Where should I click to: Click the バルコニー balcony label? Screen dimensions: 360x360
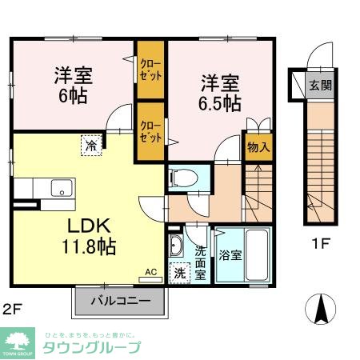pos(119,302)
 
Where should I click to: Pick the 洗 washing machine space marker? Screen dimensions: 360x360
pos(178,273)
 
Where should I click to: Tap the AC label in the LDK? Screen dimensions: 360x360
pos(150,270)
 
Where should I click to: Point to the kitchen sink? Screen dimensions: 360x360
pos(61,188)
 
